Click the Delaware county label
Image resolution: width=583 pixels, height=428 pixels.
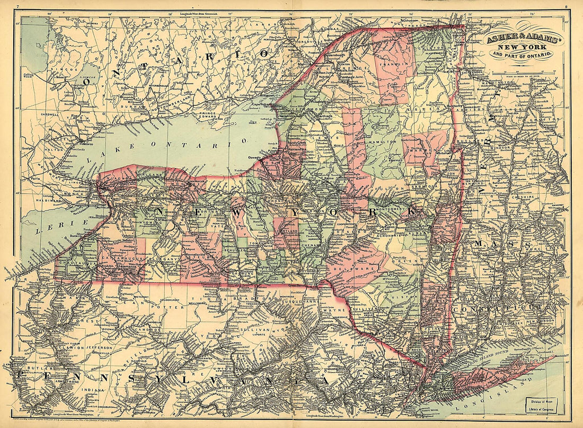(x=360, y=269)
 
